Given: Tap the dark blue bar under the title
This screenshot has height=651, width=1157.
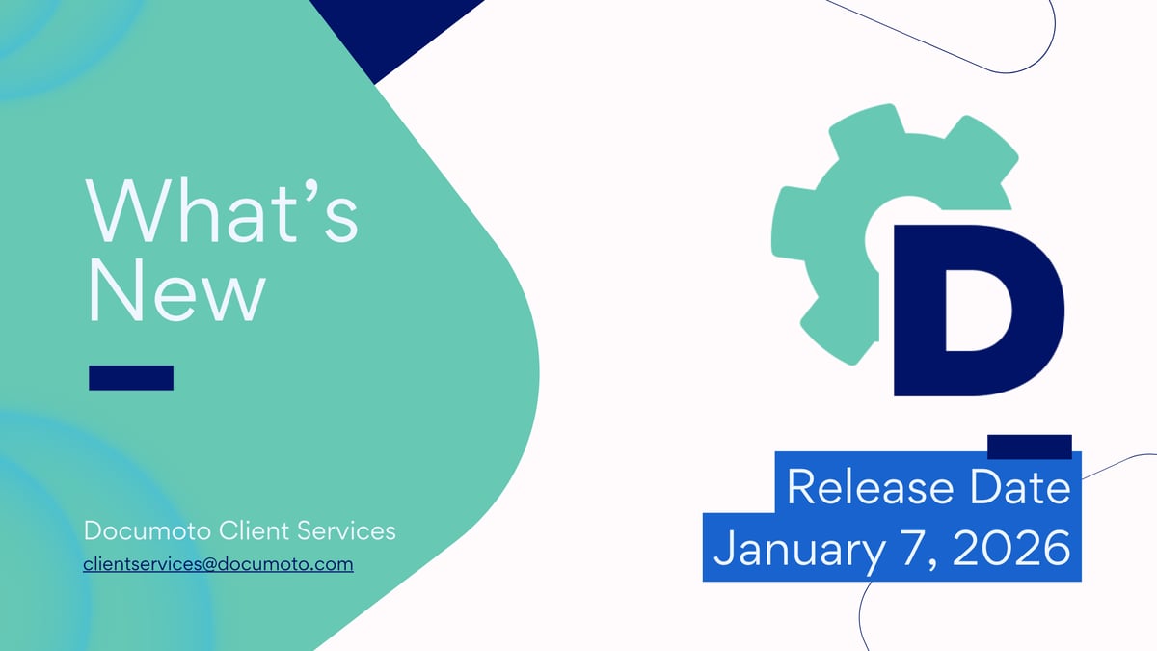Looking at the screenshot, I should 131,378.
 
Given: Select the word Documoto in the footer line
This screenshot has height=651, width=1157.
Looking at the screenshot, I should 148,530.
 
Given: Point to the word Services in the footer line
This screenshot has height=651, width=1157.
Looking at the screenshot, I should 349,530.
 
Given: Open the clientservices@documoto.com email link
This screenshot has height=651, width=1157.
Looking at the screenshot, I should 219,563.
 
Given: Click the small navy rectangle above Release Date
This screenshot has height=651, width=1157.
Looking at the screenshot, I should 1030,447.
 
